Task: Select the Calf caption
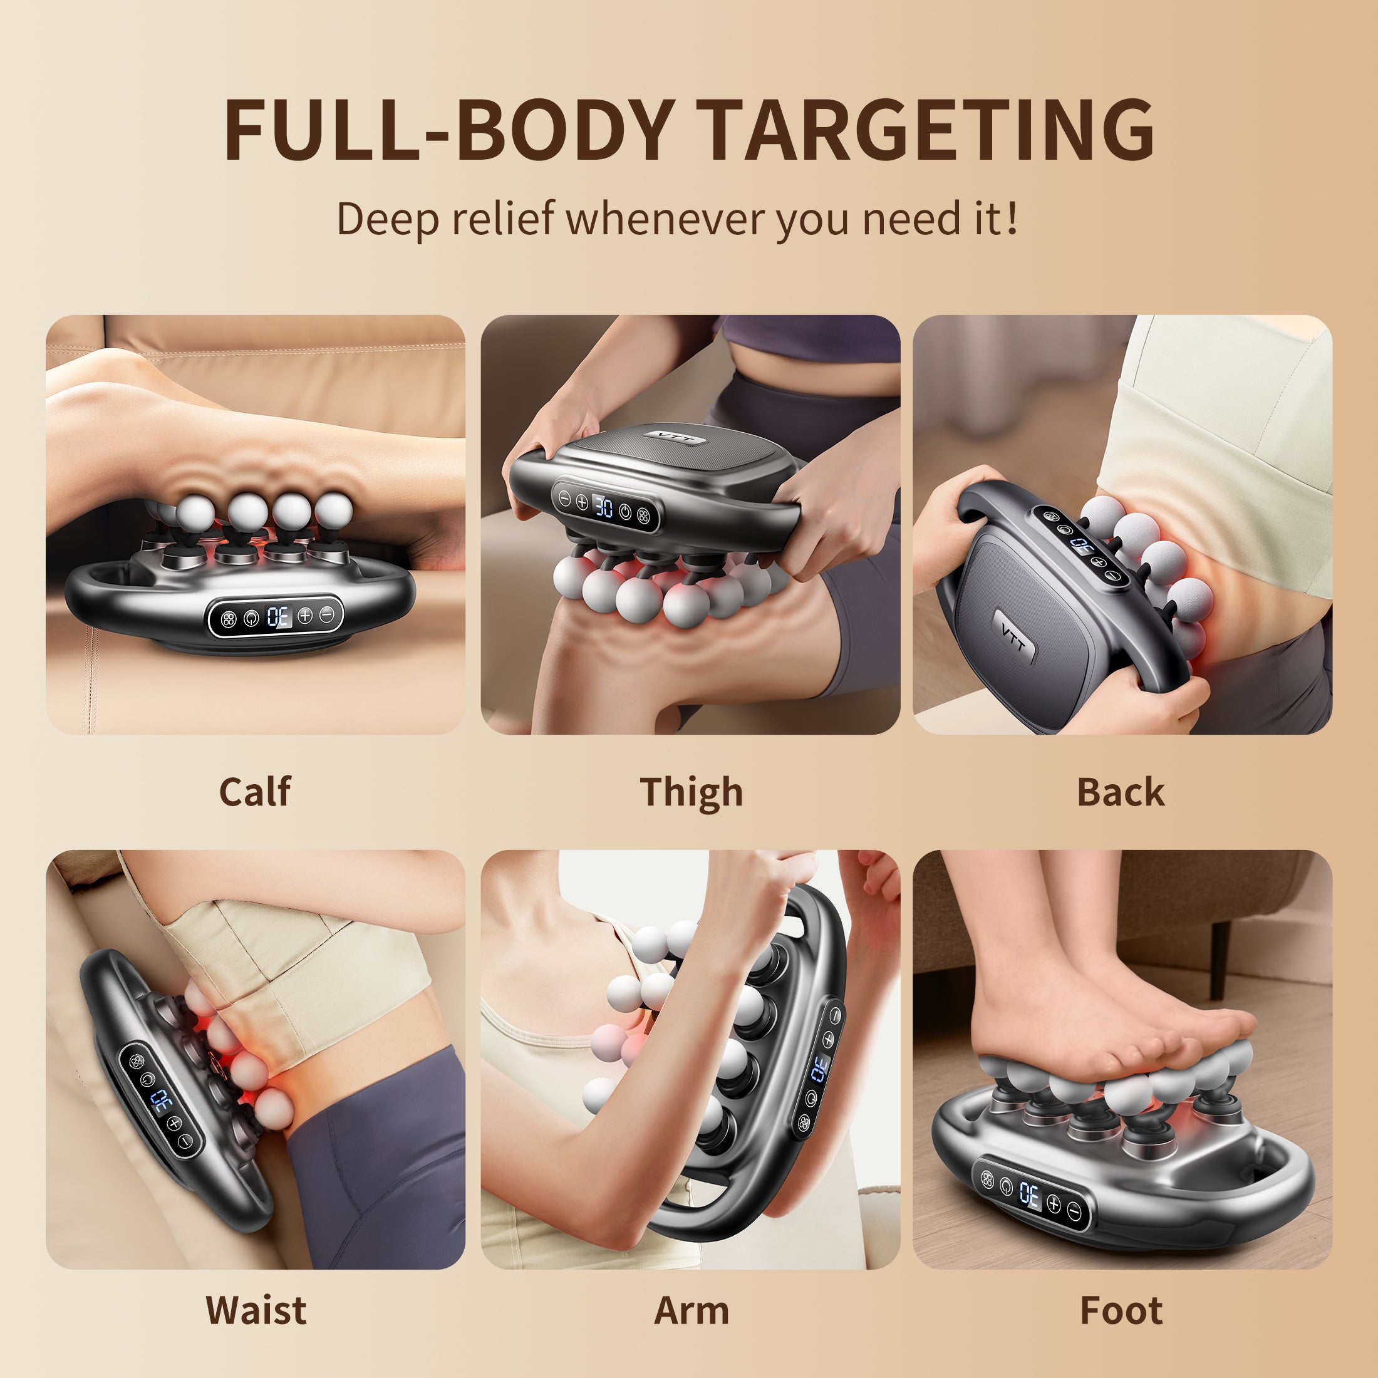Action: coord(255,792)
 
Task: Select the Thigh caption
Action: coord(691,792)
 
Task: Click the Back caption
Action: coord(1121,792)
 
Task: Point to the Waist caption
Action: coord(256,1310)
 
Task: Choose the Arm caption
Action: coord(691,1310)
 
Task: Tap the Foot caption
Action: coord(1121,1310)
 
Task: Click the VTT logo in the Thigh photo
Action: coord(675,437)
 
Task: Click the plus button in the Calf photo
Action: coord(304,615)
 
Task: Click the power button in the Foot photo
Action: coord(1007,1186)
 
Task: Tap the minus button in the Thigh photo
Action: coord(564,499)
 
